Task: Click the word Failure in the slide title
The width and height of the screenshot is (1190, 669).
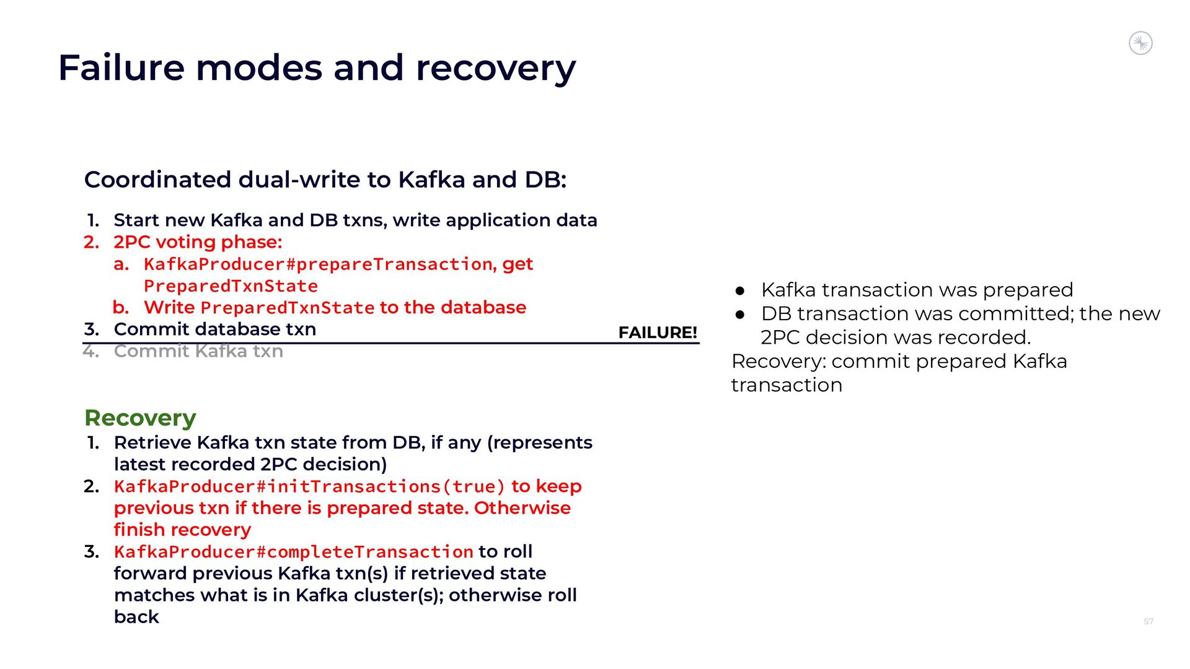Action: [x=121, y=68]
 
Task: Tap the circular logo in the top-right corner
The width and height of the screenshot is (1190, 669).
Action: [x=1140, y=43]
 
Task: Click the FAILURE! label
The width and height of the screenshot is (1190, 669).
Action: [x=658, y=333]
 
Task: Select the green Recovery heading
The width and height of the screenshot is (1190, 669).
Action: [x=140, y=418]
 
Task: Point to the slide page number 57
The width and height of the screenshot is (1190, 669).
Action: [x=1148, y=621]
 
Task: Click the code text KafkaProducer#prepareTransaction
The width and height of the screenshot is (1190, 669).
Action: [x=318, y=265]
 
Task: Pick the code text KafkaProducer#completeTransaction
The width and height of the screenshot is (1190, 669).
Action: [x=294, y=552]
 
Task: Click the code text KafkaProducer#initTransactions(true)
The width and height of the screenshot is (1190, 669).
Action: [x=309, y=487]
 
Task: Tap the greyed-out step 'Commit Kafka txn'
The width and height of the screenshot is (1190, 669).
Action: [x=198, y=351]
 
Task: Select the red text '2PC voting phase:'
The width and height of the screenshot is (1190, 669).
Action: [x=198, y=242]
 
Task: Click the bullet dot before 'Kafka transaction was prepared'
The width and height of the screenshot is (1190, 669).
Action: [x=739, y=291]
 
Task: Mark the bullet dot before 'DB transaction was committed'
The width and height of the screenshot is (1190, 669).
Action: [x=739, y=315]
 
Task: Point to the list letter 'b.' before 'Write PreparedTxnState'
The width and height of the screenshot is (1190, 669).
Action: [x=121, y=307]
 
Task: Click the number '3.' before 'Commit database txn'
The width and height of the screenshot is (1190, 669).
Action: [x=92, y=330]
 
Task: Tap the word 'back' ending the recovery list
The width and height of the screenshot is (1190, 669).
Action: [x=136, y=617]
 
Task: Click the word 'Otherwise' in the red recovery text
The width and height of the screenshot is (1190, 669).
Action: [x=522, y=508]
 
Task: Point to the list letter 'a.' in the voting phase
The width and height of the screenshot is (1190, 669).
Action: [x=121, y=265]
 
